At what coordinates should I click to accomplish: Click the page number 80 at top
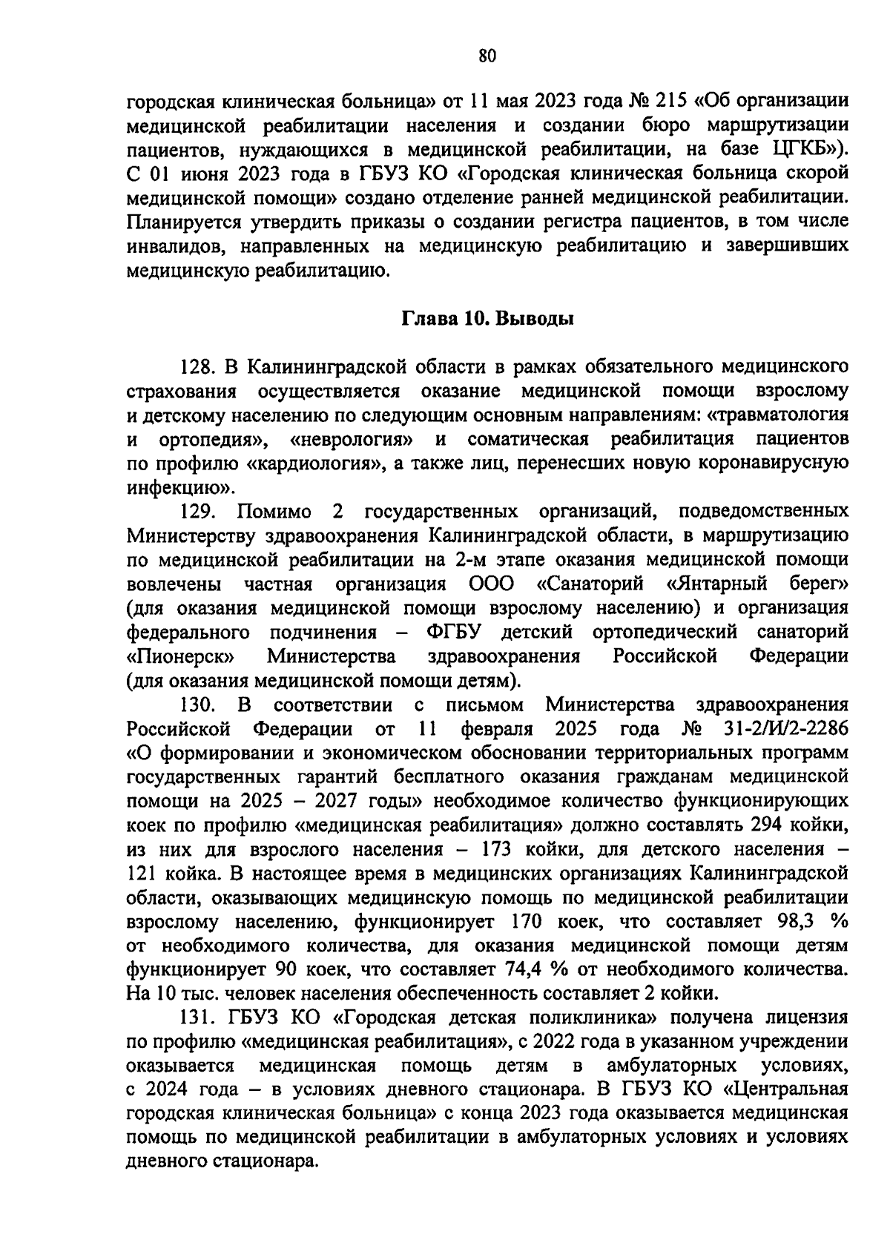click(487, 56)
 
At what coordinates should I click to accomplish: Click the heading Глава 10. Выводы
click(487, 320)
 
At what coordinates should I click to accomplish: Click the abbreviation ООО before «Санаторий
click(492, 584)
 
